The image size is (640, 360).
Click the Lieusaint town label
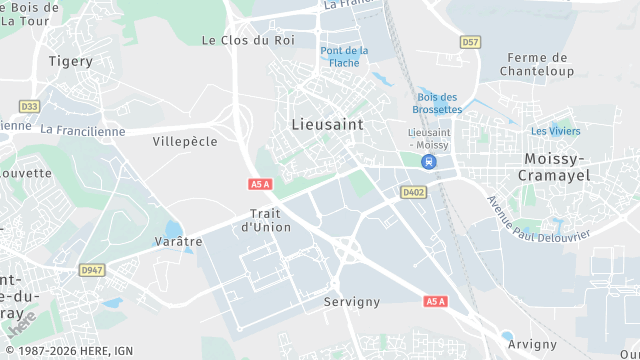(x=327, y=124)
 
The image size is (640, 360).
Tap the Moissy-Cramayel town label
(x=556, y=167)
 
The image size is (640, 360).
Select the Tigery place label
(x=71, y=61)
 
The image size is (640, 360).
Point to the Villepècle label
(x=185, y=142)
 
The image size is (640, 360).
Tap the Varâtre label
(x=179, y=241)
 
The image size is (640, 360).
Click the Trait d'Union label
(x=266, y=220)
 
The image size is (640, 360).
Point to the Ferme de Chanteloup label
(x=540, y=64)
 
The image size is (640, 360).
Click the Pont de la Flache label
(x=344, y=56)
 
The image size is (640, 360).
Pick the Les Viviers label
(x=555, y=131)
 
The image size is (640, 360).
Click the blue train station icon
(x=428, y=161)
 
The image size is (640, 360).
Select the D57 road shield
(x=471, y=42)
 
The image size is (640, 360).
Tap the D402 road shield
(x=413, y=192)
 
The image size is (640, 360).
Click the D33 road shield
(x=29, y=105)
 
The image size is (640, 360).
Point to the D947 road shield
(x=93, y=270)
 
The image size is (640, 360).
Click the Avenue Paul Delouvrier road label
(x=538, y=219)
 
